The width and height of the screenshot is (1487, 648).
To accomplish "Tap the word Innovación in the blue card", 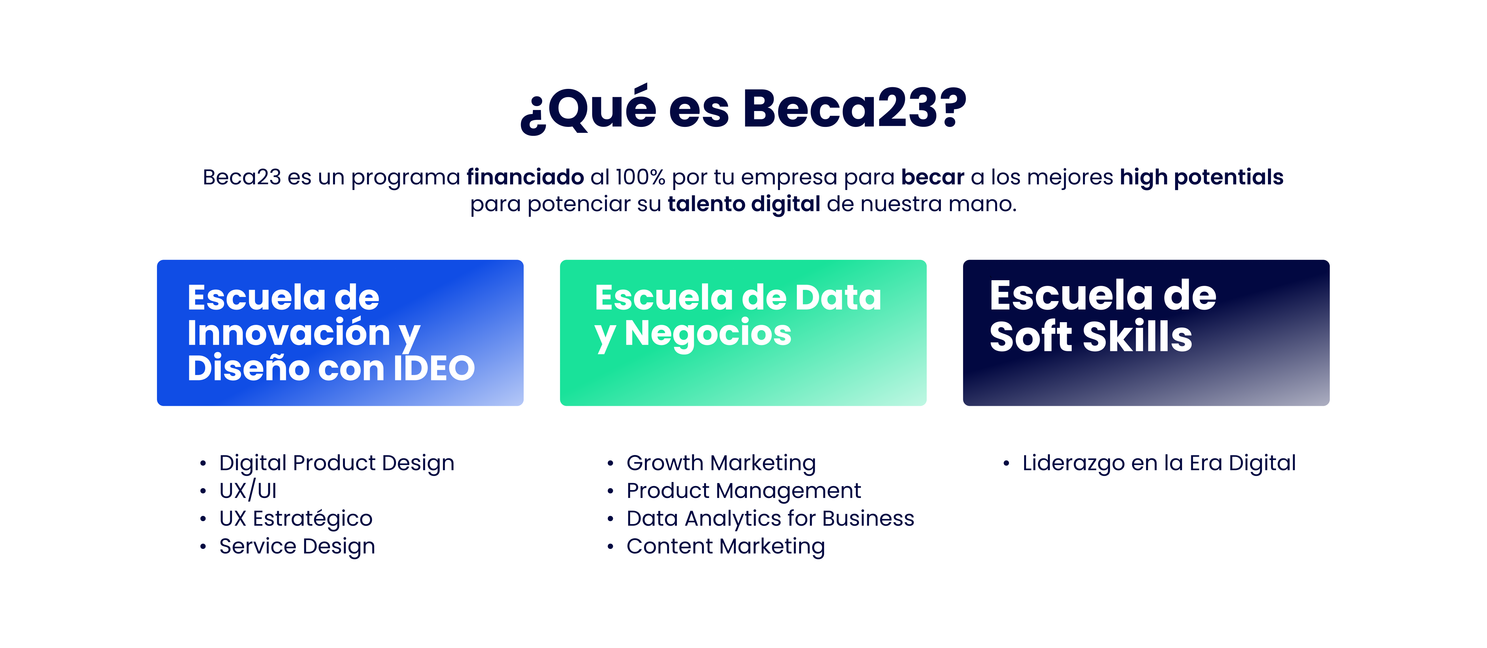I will (x=289, y=333).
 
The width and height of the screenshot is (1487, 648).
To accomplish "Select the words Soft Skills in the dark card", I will (x=1091, y=337).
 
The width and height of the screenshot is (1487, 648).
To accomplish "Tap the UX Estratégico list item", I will (x=296, y=518).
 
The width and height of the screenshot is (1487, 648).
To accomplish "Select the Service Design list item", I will (x=297, y=546).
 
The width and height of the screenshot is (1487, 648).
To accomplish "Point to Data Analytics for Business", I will (x=770, y=518).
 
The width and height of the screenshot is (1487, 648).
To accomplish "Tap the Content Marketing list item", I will (x=725, y=546).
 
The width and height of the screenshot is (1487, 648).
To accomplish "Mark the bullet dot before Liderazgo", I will (x=1006, y=463).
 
